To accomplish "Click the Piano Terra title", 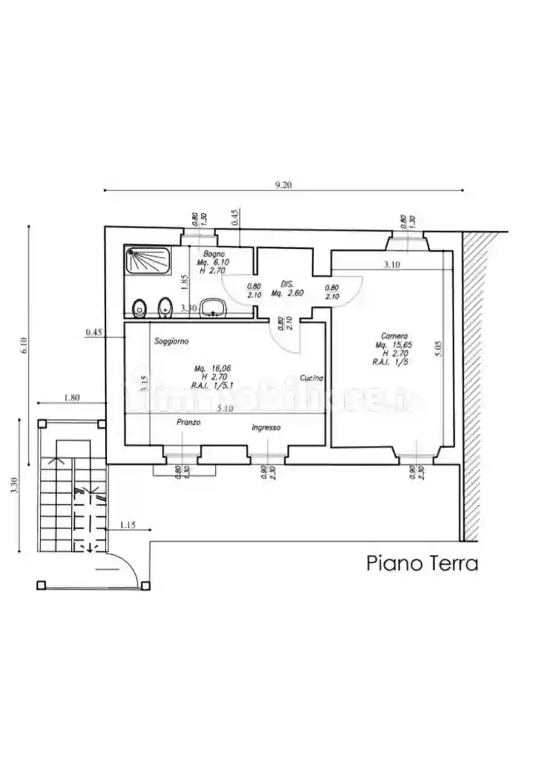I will [x=422, y=564].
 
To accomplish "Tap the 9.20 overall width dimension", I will [x=283, y=185].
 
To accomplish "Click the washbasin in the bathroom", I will [x=213, y=307].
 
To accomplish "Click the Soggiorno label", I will [x=172, y=342].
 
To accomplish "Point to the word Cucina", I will [x=311, y=379].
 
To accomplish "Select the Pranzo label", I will [x=188, y=423].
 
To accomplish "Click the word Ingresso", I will [x=266, y=427].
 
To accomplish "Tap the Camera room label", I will [x=392, y=336].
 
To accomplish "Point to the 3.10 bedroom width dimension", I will [x=391, y=265].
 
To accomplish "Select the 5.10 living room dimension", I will [x=227, y=408].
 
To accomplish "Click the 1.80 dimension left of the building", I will [x=72, y=399].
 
